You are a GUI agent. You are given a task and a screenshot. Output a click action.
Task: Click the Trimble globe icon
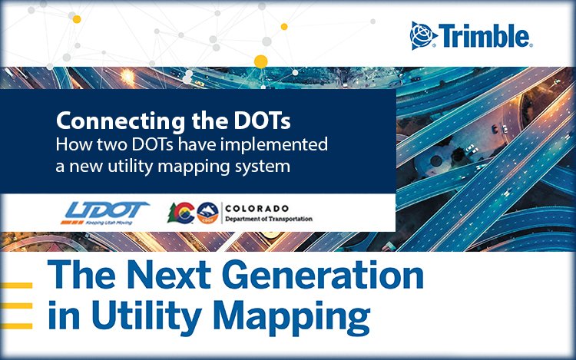[x=423, y=35]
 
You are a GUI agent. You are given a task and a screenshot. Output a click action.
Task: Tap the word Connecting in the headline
[x=121, y=121]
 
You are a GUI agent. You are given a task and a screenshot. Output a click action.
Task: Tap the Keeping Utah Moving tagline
[x=109, y=223]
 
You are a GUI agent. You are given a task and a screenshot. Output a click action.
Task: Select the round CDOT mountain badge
[x=208, y=213]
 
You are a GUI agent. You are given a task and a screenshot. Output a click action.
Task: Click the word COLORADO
[x=257, y=209]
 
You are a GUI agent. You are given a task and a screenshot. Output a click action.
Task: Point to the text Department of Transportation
[x=269, y=219]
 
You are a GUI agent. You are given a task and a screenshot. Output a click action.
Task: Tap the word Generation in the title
[x=323, y=275]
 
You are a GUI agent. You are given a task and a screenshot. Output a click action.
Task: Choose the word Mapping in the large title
[x=292, y=316]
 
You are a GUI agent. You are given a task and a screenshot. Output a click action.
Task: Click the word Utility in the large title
[x=147, y=316]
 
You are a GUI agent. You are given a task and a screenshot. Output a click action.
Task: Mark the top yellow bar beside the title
[x=16, y=285]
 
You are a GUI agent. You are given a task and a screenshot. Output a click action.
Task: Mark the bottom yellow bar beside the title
[x=16, y=326]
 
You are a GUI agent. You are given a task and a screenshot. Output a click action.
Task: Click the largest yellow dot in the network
[x=261, y=61]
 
